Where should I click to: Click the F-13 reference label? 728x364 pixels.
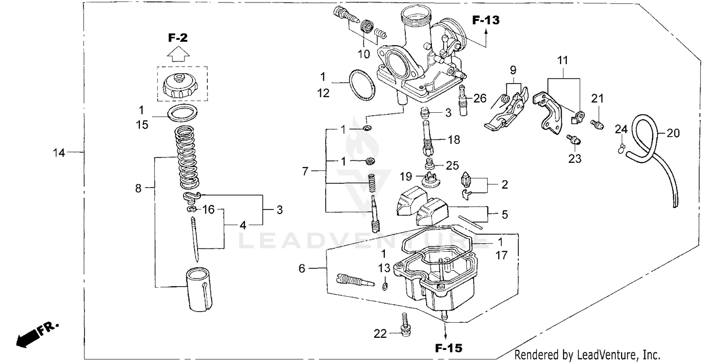pos(486,20)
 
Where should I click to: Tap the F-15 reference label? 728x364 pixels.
pos(448,348)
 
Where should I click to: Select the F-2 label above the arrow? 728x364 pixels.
pos(178,37)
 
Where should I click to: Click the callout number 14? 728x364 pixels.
pos(59,153)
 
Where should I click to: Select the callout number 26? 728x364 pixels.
pos(480,98)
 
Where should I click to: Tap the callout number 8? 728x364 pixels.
pos(138,188)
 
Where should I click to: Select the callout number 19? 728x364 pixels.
pos(406,175)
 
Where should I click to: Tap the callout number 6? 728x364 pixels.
pos(302,268)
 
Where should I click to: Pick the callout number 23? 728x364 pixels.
pos(575,158)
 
